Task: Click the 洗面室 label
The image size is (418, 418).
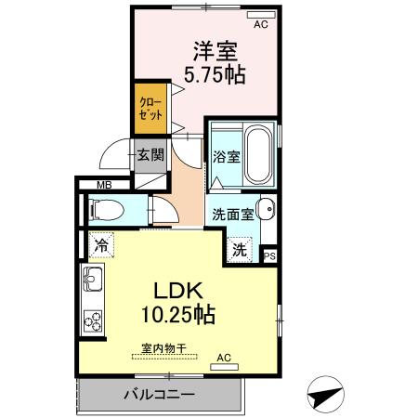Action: click(x=231, y=212)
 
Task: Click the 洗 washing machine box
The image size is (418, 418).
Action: click(x=239, y=248)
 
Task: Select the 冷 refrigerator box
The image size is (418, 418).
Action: click(x=99, y=246)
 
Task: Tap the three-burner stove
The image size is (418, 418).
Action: click(x=93, y=319)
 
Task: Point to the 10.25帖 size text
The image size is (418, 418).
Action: click(x=178, y=315)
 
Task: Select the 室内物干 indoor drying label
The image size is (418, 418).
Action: click(x=163, y=348)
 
